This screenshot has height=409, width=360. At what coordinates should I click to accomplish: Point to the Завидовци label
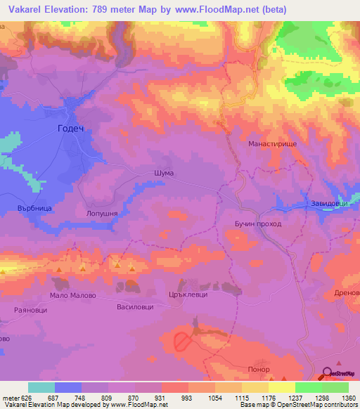(x=326, y=204)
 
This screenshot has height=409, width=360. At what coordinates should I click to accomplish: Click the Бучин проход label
(x=258, y=223)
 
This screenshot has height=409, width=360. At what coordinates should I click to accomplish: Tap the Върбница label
(x=35, y=209)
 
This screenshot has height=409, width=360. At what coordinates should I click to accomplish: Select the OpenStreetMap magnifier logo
(x=327, y=373)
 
